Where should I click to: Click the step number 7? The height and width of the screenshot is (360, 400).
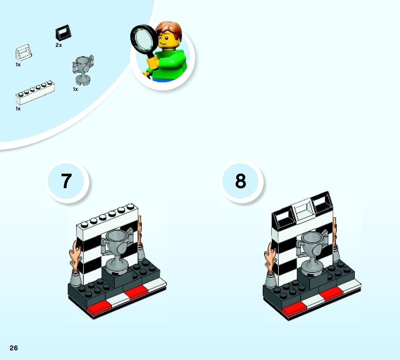click(66, 181)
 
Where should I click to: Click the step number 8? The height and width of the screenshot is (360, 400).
click(240, 181)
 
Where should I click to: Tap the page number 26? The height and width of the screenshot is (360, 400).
click(14, 348)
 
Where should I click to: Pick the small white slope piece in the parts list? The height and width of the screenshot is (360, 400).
click(23, 52)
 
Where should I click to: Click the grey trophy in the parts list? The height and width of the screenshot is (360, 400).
click(82, 69)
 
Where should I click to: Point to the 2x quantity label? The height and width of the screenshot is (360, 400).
click(59, 45)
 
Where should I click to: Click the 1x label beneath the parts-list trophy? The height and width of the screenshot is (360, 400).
click(75, 89)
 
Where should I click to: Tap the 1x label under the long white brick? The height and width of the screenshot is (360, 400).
click(18, 109)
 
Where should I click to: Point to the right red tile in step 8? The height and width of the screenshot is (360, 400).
click(331, 294)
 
